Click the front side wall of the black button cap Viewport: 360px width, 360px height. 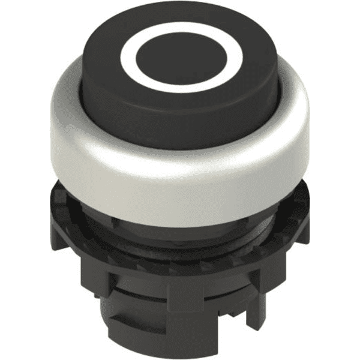click(x=180, y=120)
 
